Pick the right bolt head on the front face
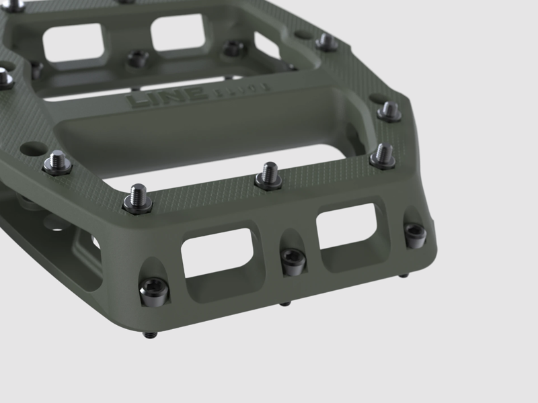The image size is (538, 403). [x=415, y=233]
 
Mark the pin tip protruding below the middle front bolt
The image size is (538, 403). [x=285, y=304]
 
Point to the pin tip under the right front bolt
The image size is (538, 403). [x=402, y=275]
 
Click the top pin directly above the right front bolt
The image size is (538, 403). [x=383, y=156]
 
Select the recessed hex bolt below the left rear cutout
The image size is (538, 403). [x=137, y=58]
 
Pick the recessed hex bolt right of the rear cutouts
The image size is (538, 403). [x=233, y=48]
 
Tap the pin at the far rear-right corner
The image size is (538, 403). [x=327, y=42]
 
